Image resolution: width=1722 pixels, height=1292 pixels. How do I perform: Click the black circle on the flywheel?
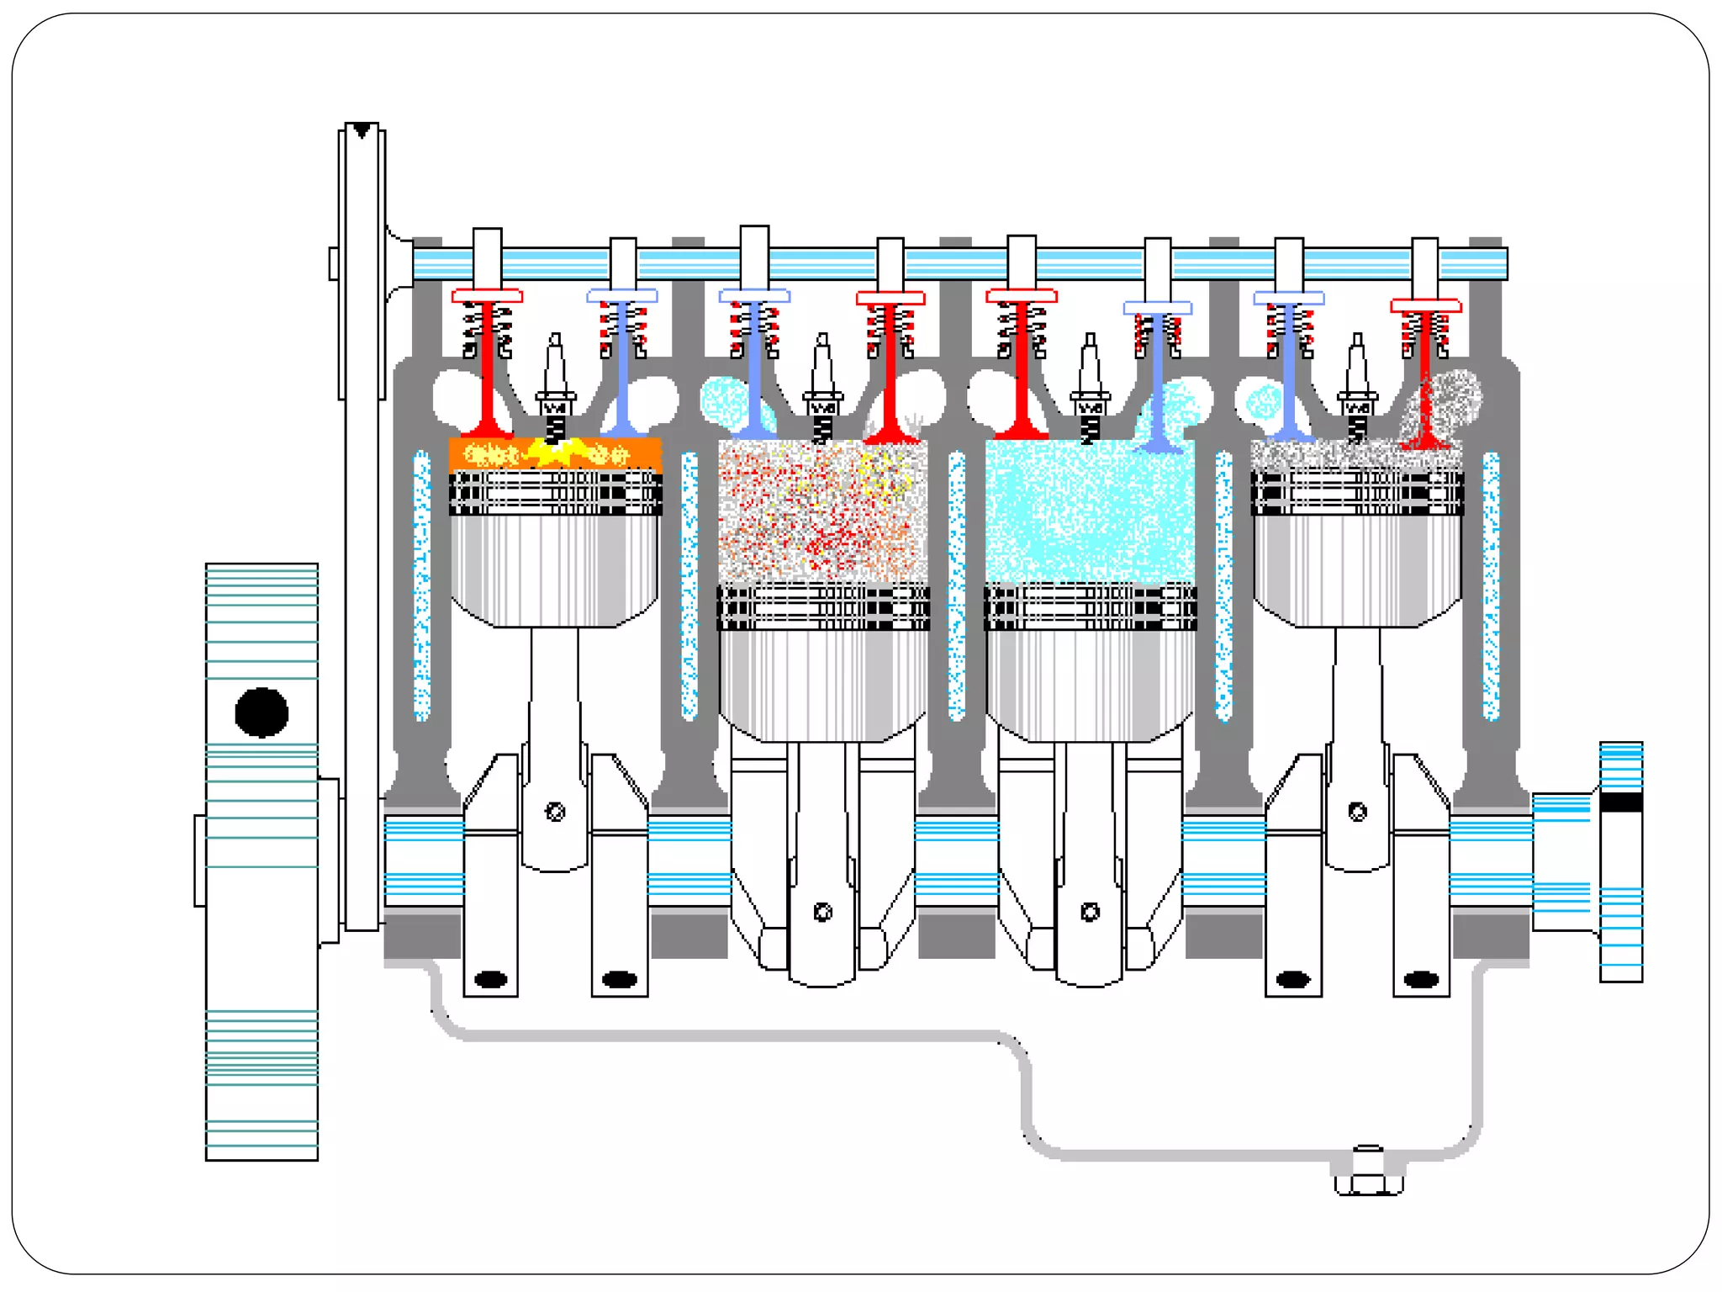261,712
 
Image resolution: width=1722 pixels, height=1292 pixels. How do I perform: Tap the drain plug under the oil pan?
1368,1174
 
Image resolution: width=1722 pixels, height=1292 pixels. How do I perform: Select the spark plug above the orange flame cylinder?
555,387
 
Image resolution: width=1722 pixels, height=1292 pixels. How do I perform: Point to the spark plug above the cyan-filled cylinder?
1090,387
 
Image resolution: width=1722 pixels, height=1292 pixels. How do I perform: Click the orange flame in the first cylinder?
555,455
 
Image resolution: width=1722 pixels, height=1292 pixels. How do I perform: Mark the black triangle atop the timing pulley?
362,130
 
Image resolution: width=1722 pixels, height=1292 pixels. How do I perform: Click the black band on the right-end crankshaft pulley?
1620,802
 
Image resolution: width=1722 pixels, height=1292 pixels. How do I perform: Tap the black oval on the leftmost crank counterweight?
491,979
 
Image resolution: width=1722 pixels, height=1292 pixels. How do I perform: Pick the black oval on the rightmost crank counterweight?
1421,979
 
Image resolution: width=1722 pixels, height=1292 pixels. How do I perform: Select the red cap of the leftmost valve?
487,296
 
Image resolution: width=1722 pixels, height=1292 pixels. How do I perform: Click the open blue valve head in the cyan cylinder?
1159,445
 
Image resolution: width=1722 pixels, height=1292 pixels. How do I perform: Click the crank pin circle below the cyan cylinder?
1091,912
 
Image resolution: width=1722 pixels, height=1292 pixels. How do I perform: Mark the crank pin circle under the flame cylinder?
555,812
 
